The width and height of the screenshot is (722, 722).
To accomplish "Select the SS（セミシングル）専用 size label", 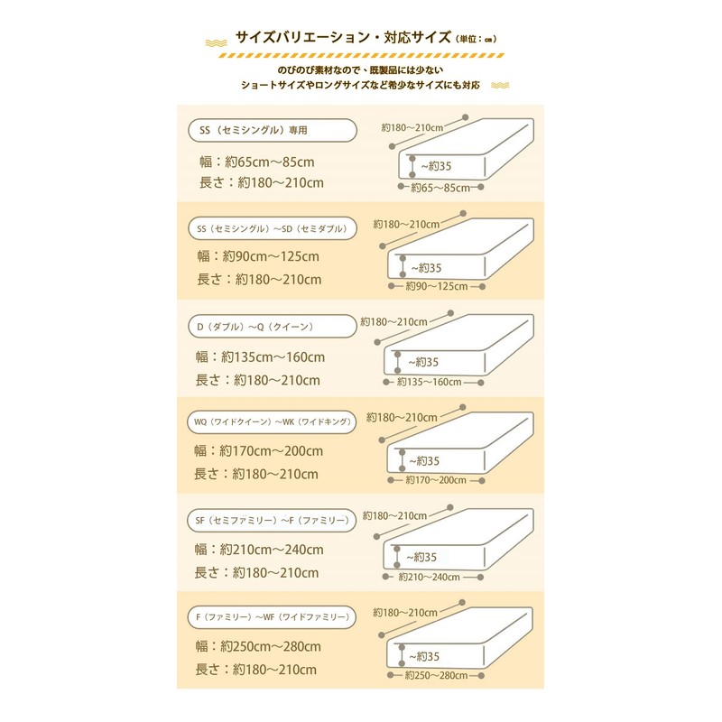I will tap(254, 130).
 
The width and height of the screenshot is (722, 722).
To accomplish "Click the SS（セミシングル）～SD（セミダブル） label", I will tap(271, 228).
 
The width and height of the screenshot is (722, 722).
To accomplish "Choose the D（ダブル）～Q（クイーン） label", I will tap(258, 326).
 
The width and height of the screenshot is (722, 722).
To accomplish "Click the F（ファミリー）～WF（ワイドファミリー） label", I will tap(271, 617).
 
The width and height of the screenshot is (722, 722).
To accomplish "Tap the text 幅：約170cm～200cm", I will tap(258, 451).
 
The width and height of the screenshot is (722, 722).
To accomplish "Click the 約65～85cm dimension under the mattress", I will tap(440, 188).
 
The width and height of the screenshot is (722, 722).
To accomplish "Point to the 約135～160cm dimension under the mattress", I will tap(429, 382).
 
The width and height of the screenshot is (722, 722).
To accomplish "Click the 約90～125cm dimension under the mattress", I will tap(435, 286).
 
